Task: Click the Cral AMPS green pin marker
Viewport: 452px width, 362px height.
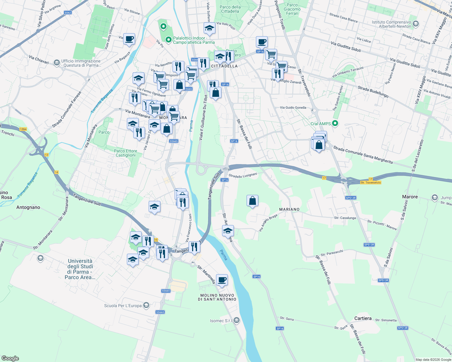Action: (x=335, y=123)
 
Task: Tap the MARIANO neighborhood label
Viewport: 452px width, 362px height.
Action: (x=289, y=209)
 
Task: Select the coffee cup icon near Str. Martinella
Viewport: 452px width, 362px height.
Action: (x=222, y=280)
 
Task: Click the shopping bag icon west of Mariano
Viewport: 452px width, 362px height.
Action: (x=252, y=201)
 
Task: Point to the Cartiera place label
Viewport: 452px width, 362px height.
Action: (x=363, y=318)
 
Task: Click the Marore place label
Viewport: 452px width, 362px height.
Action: (x=410, y=197)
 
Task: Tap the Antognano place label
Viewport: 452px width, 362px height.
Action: (x=28, y=207)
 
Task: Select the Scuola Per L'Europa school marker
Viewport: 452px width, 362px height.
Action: (x=146, y=305)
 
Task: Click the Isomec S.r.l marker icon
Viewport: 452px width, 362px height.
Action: (x=237, y=320)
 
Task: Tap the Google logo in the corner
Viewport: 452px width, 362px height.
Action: (x=10, y=358)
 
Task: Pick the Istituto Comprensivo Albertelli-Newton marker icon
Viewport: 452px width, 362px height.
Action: (x=416, y=24)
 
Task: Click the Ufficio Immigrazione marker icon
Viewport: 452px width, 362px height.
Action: (x=56, y=62)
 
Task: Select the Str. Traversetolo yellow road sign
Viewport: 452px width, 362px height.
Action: (x=371, y=183)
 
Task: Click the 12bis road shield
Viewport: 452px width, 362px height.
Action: (x=23, y=129)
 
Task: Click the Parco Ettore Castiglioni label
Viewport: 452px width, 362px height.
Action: (x=125, y=153)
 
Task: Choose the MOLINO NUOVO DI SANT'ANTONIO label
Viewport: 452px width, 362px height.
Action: (x=217, y=297)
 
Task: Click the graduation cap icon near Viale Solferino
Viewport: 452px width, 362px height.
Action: (x=209, y=28)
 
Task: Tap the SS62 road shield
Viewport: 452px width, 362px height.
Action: (x=68, y=13)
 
